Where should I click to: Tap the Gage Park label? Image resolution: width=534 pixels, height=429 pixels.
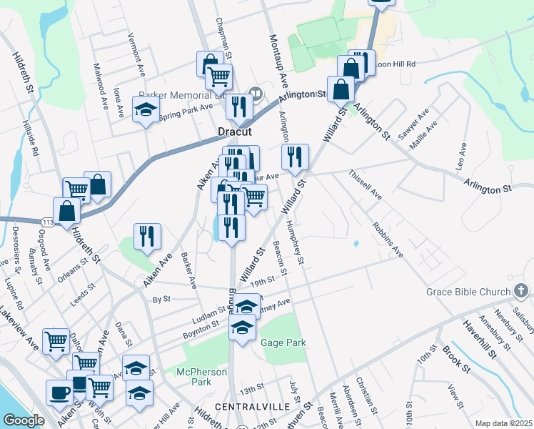(283, 343)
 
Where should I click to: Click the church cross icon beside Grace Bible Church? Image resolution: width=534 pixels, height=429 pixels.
(522, 292)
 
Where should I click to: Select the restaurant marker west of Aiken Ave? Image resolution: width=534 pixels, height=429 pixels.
(147, 235)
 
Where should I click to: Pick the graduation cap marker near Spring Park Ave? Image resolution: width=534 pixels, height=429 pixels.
(146, 111)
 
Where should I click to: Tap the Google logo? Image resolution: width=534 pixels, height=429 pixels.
(24, 420)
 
